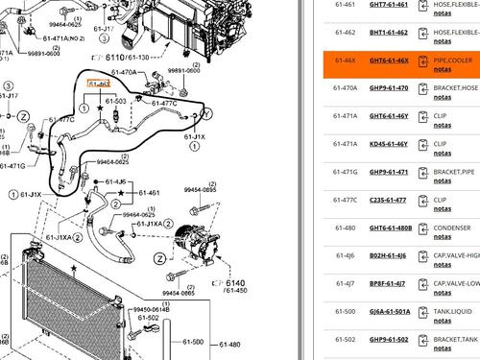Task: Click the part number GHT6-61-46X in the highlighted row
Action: coord(389,60)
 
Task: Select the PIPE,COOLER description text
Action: coord(453,60)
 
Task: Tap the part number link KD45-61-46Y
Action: coord(389,144)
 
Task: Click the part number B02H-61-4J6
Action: coord(388,255)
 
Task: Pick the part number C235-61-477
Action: coord(388,200)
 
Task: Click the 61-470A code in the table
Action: coord(345,88)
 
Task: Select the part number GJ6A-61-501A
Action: coord(390,311)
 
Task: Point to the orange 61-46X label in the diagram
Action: coord(98,84)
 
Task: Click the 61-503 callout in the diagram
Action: coord(116,101)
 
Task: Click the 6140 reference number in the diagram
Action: coord(235,283)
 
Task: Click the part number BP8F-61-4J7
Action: coord(388,283)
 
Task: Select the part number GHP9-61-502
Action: coord(388,339)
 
